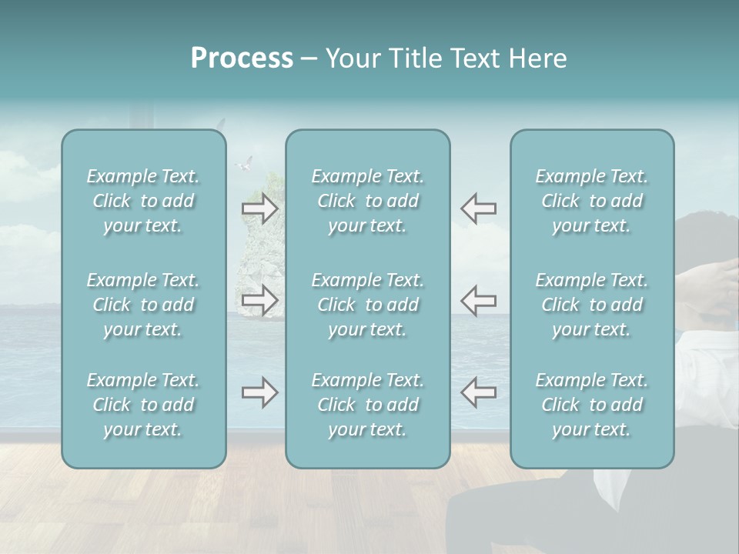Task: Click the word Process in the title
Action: [242, 58]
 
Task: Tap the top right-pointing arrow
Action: [260, 209]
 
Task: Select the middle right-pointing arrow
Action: [260, 300]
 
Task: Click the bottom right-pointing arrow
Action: [260, 392]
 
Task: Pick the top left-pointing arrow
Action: [479, 209]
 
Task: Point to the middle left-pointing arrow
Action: [479, 300]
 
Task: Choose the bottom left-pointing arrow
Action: [479, 392]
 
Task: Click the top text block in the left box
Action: [143, 201]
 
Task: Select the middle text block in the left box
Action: [143, 305]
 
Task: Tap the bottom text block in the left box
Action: [143, 405]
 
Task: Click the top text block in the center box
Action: [368, 201]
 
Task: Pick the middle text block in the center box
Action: [368, 305]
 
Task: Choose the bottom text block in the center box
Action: [368, 405]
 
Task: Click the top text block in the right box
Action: [592, 201]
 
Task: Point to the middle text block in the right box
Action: [592, 305]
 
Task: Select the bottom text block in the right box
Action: [592, 405]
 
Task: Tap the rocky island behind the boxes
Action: [262, 254]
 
